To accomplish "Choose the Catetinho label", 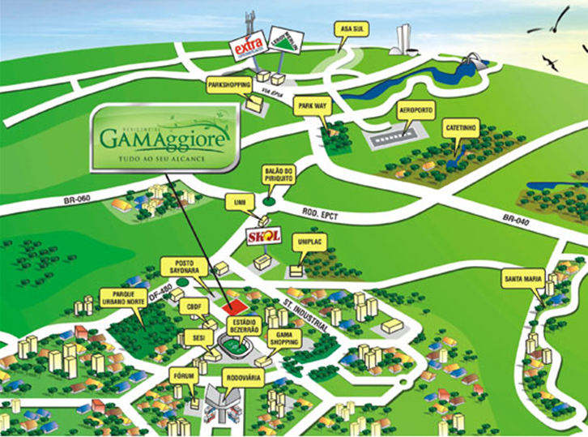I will [462, 127].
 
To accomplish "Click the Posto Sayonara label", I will [180, 267].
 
